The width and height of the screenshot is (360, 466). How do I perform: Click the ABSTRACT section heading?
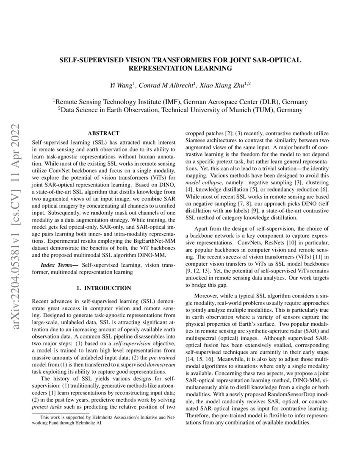click(x=103, y=133)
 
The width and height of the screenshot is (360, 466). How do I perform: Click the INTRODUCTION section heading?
click(x=104, y=288)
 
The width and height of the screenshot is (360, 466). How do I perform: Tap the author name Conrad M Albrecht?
click(x=167, y=86)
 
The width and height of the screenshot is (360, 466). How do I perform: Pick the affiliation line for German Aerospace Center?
click(x=180, y=102)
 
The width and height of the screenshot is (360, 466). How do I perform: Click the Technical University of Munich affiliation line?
click(x=180, y=110)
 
